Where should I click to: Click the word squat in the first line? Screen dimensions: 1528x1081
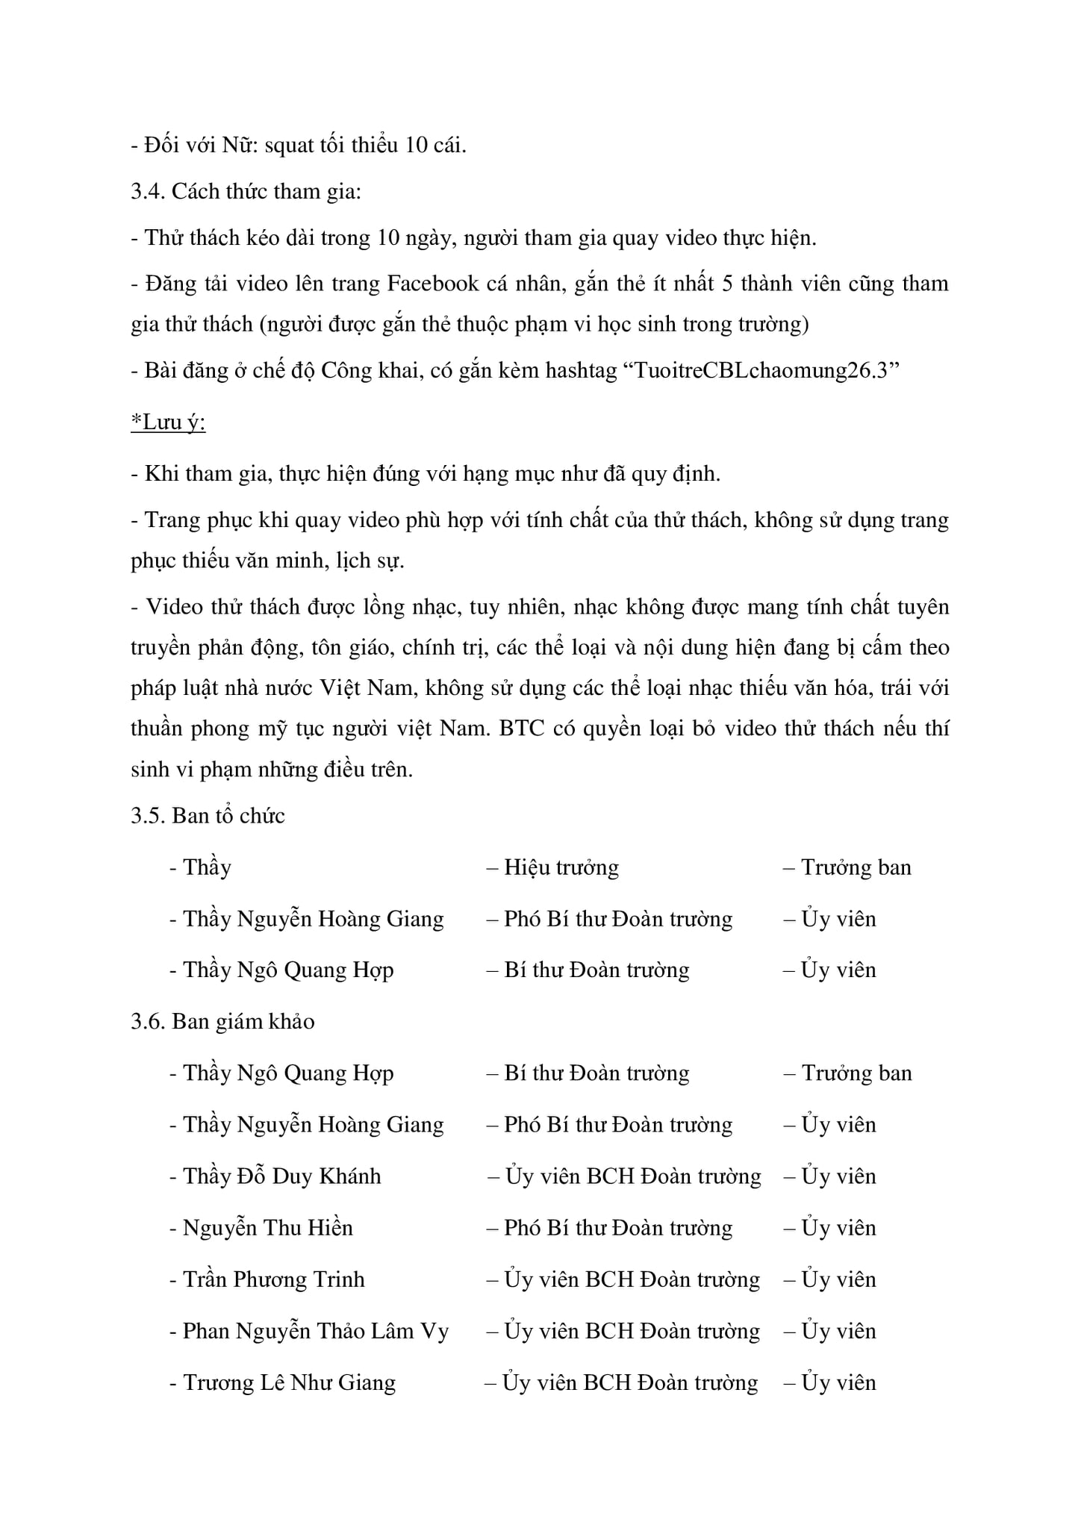point(289,146)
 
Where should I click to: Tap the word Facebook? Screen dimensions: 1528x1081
point(433,284)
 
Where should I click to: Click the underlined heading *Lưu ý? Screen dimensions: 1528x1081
point(168,423)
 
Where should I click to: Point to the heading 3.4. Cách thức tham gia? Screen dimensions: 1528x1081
point(246,192)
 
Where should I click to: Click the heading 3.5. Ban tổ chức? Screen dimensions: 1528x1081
point(208,816)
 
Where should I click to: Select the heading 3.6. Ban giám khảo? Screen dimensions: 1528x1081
point(222,1022)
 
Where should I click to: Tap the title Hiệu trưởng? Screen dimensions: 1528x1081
point(561,868)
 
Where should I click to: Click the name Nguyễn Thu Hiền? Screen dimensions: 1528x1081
point(268,1228)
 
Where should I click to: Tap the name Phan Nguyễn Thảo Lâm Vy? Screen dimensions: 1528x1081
point(316,1331)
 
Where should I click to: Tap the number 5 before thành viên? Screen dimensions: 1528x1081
point(727,284)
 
